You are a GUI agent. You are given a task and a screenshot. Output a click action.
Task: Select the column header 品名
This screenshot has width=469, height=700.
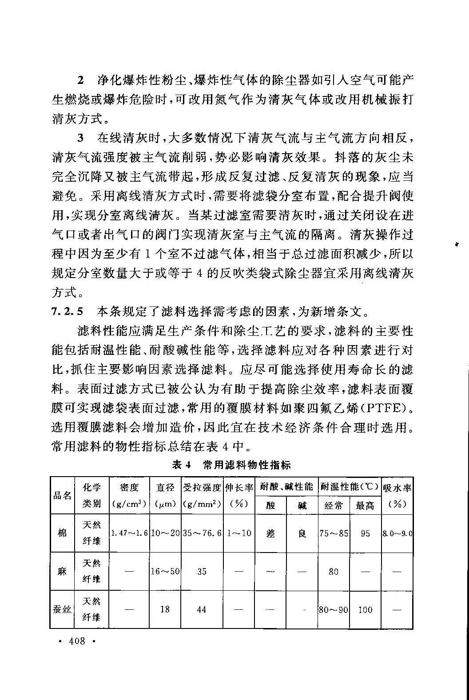coord(62,495)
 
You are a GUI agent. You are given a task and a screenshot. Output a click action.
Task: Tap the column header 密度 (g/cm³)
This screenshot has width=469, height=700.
coord(129,495)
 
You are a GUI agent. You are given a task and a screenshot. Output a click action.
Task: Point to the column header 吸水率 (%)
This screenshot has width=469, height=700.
coord(397,495)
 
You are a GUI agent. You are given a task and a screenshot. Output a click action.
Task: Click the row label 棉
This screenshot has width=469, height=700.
coord(62,533)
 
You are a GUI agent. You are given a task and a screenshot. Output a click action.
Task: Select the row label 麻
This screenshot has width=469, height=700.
coord(62,571)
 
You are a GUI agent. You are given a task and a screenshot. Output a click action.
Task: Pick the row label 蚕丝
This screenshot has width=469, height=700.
coord(62,609)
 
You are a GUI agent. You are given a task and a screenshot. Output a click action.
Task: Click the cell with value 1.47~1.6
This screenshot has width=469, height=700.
coord(129,533)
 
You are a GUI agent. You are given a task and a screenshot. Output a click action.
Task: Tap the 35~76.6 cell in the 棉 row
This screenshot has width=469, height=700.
coord(202,533)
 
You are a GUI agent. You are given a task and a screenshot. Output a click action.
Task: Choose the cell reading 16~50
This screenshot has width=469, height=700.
coord(165,571)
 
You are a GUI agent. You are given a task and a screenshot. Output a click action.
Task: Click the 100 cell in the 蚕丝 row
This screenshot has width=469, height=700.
coord(365,609)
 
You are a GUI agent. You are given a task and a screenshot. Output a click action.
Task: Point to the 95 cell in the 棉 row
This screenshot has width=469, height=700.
coord(365,533)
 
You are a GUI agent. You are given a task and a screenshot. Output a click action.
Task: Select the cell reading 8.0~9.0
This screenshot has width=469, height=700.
coord(397,533)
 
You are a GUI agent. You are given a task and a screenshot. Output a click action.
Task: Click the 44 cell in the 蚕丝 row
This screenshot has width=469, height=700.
coord(202,609)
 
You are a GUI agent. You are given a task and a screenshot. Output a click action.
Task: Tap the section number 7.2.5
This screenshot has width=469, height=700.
coord(67,311)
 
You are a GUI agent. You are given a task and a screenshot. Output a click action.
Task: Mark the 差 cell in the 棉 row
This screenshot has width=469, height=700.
coord(270,533)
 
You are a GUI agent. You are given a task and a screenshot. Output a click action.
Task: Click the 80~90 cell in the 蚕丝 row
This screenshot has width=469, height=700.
coord(334,609)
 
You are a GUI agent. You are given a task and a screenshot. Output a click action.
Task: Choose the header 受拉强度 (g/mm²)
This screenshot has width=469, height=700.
coord(202,495)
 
